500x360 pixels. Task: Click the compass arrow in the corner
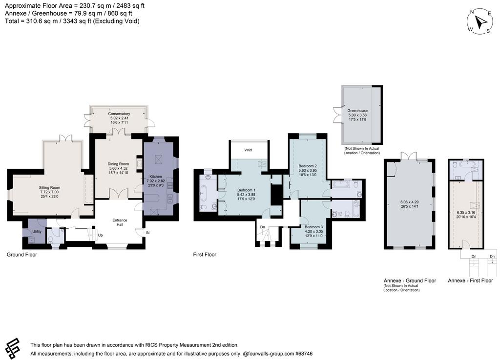coord(480,21)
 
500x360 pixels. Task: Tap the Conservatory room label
coord(119,114)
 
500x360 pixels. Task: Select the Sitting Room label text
coord(49,188)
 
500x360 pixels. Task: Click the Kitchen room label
coord(156,177)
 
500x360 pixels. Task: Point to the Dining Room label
coord(118,164)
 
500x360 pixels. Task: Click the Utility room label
coord(37,232)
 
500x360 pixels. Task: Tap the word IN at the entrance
coord(147,233)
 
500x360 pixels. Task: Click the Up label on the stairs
coord(101,236)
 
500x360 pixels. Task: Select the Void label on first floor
coord(248,150)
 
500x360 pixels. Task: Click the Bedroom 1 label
coord(246,190)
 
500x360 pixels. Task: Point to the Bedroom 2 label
coord(308,166)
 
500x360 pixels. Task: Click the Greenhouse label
coord(357,111)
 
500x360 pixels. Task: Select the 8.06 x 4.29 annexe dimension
coord(410,201)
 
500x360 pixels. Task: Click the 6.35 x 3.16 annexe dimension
coord(466,213)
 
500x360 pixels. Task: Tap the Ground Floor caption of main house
coord(22,255)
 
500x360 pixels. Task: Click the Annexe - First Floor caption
coord(470,280)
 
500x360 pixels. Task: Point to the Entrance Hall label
coord(120,222)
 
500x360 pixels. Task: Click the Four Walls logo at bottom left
coord(13,348)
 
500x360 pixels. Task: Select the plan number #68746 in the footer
coord(304,354)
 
